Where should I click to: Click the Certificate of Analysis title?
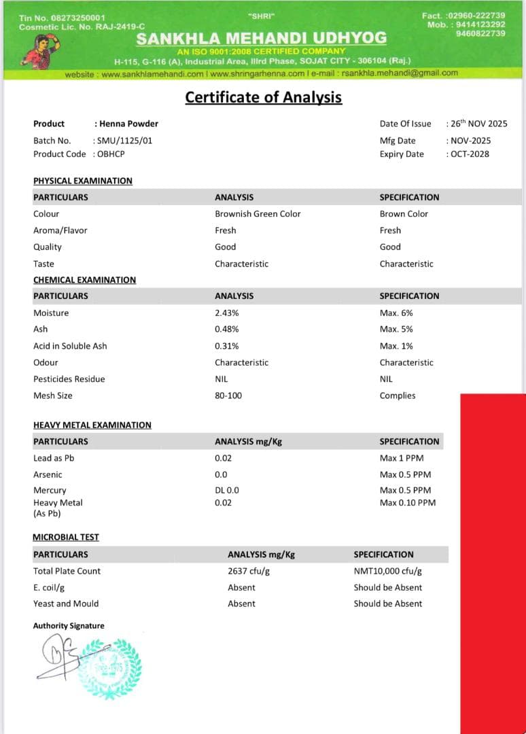point(263,97)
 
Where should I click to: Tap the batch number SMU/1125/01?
point(120,141)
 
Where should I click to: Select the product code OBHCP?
point(109,154)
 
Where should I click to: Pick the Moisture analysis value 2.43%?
point(227,313)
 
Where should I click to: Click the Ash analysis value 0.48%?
point(227,330)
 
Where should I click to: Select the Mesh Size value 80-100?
point(228,396)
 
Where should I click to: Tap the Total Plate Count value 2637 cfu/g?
point(249,572)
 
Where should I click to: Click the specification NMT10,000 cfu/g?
point(387,572)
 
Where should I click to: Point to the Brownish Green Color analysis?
point(258,214)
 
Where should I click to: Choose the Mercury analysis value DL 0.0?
point(227,490)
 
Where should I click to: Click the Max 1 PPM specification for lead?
point(402,458)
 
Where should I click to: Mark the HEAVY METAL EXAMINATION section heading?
point(92,425)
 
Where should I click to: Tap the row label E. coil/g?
point(49,588)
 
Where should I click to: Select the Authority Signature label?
point(69,626)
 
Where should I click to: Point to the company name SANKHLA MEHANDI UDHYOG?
point(262,39)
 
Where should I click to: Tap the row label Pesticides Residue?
point(69,379)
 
